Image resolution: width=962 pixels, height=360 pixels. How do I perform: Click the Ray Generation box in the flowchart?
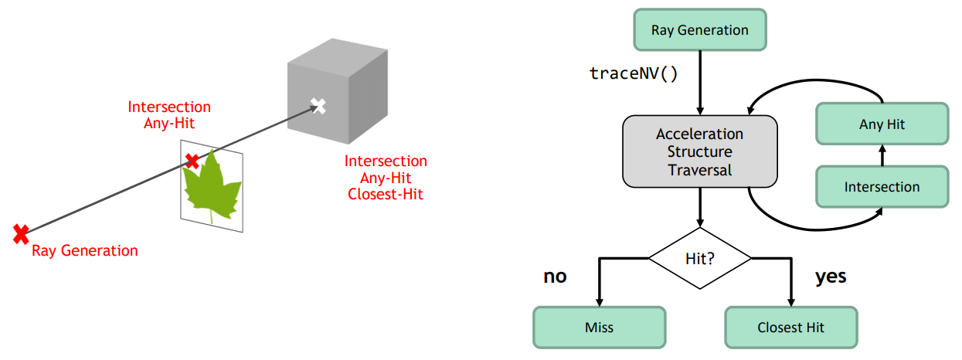pyautogui.click(x=699, y=29)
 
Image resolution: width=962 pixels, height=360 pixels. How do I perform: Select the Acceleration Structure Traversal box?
pyautogui.click(x=699, y=151)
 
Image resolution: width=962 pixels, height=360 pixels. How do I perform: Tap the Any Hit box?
pyautogui.click(x=882, y=124)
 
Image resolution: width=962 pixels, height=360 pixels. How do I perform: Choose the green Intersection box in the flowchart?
pyautogui.click(x=882, y=186)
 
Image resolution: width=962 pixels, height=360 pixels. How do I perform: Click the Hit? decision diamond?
pyautogui.click(x=699, y=258)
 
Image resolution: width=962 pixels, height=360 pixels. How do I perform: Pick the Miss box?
pyautogui.click(x=599, y=328)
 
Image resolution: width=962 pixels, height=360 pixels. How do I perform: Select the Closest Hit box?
pyautogui.click(x=790, y=328)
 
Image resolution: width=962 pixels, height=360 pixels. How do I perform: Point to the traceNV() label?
pyautogui.click(x=633, y=73)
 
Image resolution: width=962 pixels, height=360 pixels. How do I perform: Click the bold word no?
pyautogui.click(x=555, y=277)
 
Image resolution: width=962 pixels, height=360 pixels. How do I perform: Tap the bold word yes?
pyautogui.click(x=831, y=277)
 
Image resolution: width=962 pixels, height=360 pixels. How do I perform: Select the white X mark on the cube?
pyautogui.click(x=318, y=106)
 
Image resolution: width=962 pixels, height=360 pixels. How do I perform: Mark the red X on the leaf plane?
pyautogui.click(x=192, y=161)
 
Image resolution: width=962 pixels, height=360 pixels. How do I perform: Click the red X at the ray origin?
pyautogui.click(x=21, y=234)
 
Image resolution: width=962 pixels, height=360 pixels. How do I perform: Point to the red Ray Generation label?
pyautogui.click(x=84, y=250)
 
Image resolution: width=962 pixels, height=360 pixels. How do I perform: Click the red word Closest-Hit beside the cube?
pyautogui.click(x=386, y=194)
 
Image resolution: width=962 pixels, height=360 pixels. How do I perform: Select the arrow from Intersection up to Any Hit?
pyautogui.click(x=882, y=155)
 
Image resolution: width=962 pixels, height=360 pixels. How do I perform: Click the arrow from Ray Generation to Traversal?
pyautogui.click(x=699, y=83)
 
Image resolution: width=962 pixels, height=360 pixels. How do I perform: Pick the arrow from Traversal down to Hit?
pyautogui.click(x=699, y=207)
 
